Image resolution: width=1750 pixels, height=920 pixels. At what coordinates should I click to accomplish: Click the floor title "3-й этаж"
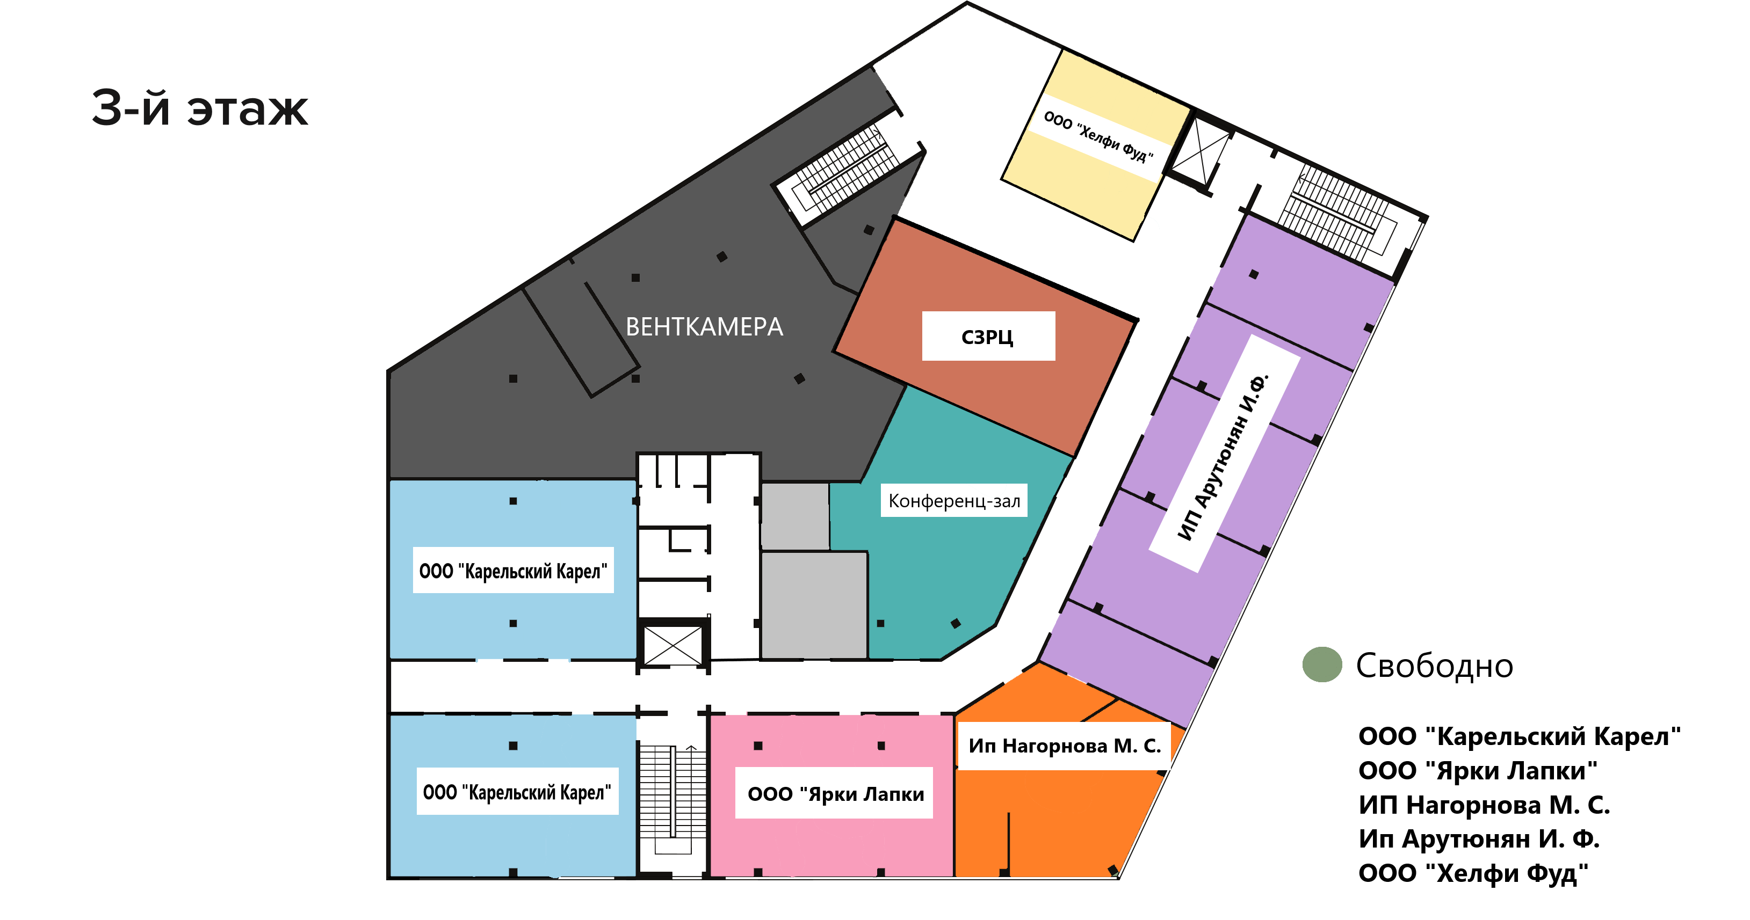(x=200, y=108)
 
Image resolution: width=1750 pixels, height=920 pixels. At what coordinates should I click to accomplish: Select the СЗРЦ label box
(x=988, y=336)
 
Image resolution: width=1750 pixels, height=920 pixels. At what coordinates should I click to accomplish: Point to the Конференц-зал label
(x=954, y=500)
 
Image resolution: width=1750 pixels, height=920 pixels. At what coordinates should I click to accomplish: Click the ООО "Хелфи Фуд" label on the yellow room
(x=1098, y=138)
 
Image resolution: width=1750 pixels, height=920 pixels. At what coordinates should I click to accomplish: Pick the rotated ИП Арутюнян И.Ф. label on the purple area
(x=1224, y=454)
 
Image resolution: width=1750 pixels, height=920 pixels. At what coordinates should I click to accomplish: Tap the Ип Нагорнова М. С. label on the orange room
(x=1065, y=746)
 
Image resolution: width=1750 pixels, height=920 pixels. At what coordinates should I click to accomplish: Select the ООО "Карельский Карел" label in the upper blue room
(x=513, y=571)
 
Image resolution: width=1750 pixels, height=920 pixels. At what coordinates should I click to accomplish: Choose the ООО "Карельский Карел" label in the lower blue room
(x=517, y=791)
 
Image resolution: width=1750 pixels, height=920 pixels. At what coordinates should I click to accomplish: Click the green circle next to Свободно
(x=1322, y=664)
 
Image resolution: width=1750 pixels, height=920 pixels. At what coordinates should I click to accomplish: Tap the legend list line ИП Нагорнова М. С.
(x=1484, y=805)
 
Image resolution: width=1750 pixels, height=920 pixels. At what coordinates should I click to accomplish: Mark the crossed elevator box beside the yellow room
(x=1201, y=154)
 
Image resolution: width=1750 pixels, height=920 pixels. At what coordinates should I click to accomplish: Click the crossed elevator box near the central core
(x=672, y=646)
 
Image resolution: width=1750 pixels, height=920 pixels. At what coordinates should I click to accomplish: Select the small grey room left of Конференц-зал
(x=795, y=516)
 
